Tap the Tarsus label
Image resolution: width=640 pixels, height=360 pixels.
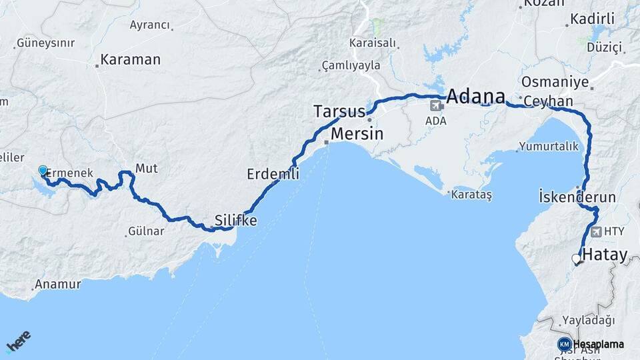pos(340,111)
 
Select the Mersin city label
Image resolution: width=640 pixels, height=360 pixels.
pos(357,133)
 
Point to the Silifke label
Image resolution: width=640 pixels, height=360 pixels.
pos(235,219)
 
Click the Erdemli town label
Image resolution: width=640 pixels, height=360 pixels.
pos(273,174)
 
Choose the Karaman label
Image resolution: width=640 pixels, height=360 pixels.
pos(131,59)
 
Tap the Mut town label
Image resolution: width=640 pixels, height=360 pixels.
pos(146,168)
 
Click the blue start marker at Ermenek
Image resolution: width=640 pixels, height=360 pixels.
pos(43,171)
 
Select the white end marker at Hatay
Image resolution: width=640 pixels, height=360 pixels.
pos(576,259)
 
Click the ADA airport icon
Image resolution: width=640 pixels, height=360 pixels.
pos(437,105)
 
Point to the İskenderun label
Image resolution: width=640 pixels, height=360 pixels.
pos(577,198)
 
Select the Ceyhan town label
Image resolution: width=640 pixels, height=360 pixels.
pos(548,101)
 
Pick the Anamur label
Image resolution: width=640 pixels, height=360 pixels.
pos(57,284)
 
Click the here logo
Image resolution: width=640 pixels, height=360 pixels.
pos(19,343)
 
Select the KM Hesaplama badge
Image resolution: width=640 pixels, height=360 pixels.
pos(591,344)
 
